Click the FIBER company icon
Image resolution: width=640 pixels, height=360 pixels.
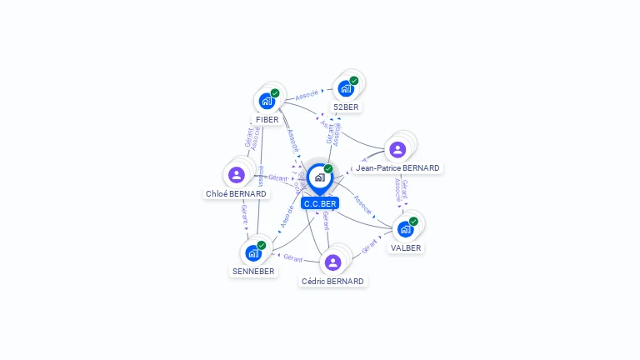tap(267, 101)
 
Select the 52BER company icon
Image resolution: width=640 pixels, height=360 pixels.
tap(346, 88)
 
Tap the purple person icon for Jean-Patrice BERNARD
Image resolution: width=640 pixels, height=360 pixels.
tap(397, 149)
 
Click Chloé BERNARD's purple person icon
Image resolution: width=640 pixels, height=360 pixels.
tap(237, 175)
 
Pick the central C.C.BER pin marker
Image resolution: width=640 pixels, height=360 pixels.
tap(319, 178)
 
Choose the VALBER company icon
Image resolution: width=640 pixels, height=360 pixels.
tap(406, 228)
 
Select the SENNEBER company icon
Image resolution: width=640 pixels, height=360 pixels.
tap(253, 252)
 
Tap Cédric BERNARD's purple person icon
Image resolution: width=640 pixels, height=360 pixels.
tap(332, 262)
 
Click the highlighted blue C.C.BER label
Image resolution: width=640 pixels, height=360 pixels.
tap(320, 203)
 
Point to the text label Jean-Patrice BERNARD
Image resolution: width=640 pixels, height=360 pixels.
tap(397, 167)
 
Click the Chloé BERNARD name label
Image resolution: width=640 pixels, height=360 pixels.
tap(236, 193)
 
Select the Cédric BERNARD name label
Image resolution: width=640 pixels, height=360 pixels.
tap(332, 281)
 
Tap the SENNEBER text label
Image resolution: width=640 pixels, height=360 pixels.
tap(252, 271)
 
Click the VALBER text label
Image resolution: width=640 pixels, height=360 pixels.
tap(406, 247)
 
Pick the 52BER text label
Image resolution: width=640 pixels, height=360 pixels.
tap(347, 107)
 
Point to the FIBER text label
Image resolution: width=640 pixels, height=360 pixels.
tap(267, 119)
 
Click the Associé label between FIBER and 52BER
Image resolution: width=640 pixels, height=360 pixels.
tap(307, 95)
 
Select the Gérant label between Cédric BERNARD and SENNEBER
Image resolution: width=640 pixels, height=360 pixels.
tap(292, 257)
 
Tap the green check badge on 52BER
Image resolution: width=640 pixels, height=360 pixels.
tap(354, 81)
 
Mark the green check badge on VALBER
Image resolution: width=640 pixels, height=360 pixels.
tap(414, 221)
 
